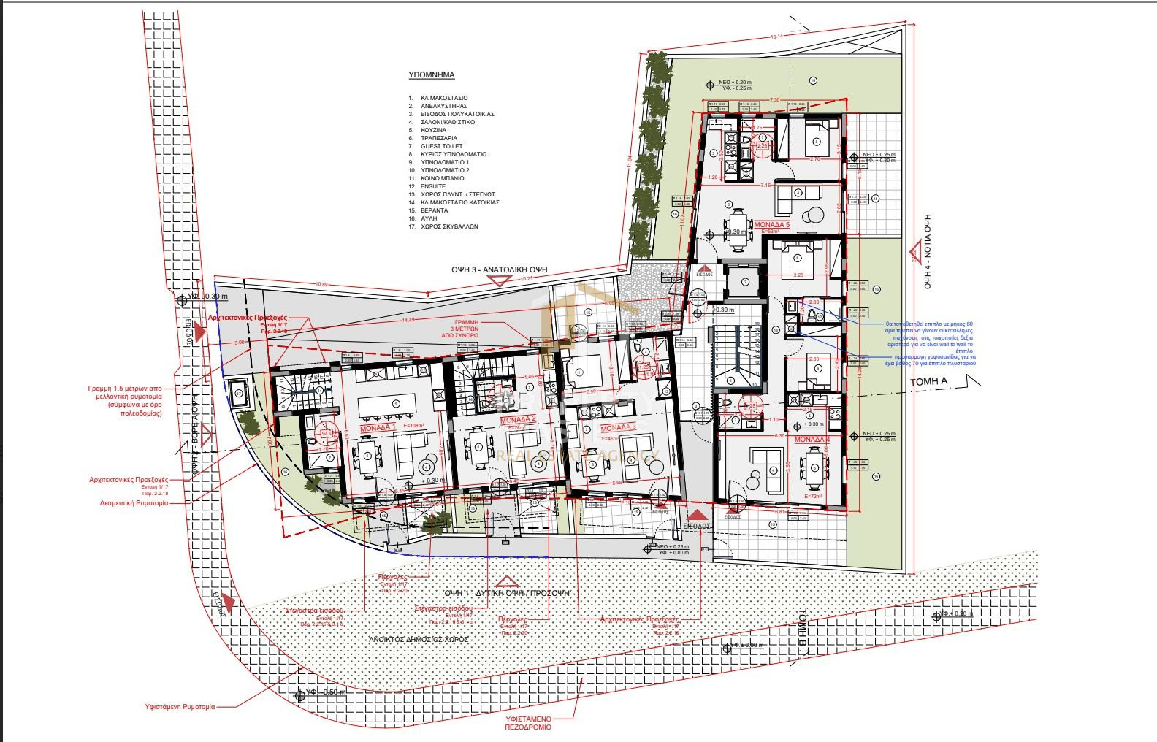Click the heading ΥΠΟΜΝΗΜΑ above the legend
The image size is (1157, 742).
point(432,75)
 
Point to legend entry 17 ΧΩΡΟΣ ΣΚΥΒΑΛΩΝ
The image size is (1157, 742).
point(448,226)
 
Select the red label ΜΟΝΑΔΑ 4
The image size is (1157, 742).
point(812,440)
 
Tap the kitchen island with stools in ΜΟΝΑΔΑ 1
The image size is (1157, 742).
point(395,403)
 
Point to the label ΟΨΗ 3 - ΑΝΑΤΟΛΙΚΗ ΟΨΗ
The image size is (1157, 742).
point(499,269)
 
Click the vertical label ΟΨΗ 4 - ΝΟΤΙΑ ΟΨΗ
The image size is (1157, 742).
point(928,252)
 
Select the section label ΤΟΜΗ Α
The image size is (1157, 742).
point(928,382)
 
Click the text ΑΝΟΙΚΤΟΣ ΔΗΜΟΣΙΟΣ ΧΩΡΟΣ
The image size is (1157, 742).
point(419,639)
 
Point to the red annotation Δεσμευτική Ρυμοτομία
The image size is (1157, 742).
point(134,503)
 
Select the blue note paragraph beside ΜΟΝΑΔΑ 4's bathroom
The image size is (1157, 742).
point(929,343)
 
